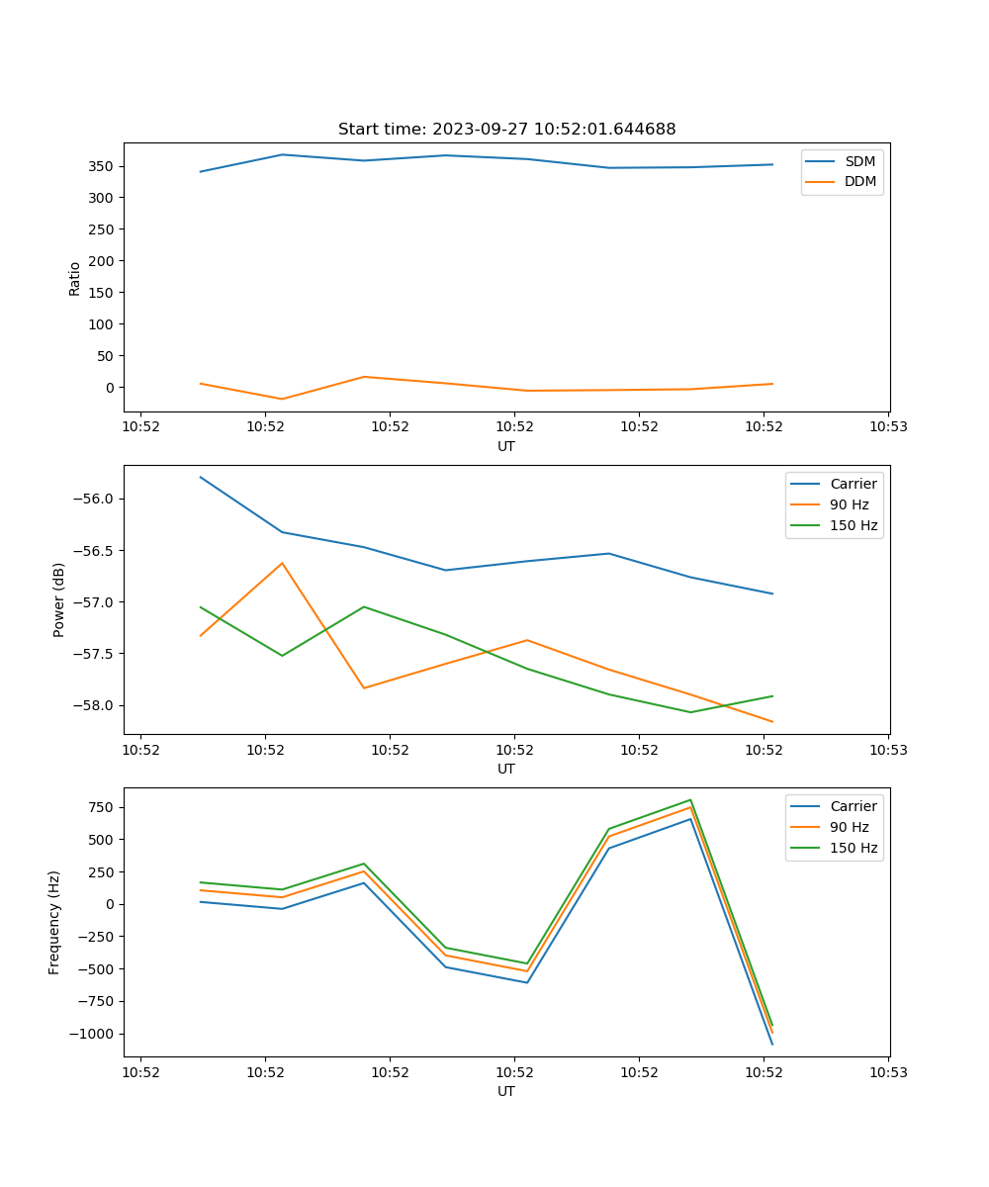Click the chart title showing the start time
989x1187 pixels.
click(x=506, y=130)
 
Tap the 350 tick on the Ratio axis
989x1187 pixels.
click(x=100, y=166)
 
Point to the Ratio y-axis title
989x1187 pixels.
click(x=75, y=278)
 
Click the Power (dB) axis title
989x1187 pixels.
click(x=59, y=599)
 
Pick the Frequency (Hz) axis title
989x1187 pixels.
click(x=54, y=922)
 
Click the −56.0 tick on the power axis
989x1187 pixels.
click(x=94, y=499)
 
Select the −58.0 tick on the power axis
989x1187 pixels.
click(x=94, y=705)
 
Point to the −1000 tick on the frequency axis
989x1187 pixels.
click(x=93, y=1034)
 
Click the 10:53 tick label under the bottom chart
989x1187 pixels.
click(x=887, y=1071)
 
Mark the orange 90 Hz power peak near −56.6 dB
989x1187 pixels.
click(x=282, y=563)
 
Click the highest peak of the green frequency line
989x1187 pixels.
click(x=690, y=799)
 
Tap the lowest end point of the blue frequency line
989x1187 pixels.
click(x=772, y=1045)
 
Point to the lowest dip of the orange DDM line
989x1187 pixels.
click(x=282, y=399)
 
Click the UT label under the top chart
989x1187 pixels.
click(x=506, y=446)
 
